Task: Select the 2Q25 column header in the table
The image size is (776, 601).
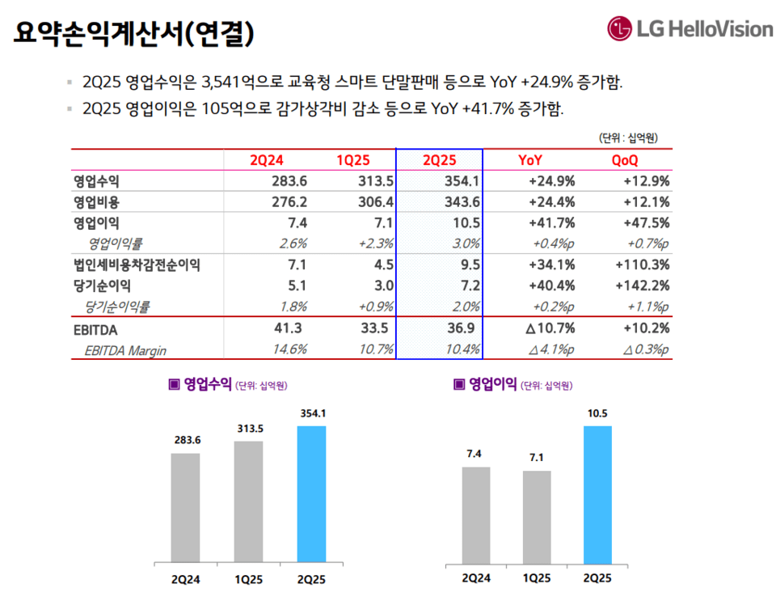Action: (x=439, y=160)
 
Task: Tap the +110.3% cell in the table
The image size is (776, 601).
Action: (x=643, y=265)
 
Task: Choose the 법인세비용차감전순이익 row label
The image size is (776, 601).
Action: (x=137, y=265)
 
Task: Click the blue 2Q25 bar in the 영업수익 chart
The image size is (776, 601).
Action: (x=311, y=493)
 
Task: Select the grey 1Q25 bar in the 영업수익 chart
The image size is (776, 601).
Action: (x=248, y=502)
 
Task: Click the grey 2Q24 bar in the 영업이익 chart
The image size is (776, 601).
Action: (x=475, y=514)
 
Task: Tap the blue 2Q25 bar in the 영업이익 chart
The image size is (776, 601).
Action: (x=597, y=493)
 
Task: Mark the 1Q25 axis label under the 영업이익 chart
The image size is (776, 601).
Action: (x=536, y=578)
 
